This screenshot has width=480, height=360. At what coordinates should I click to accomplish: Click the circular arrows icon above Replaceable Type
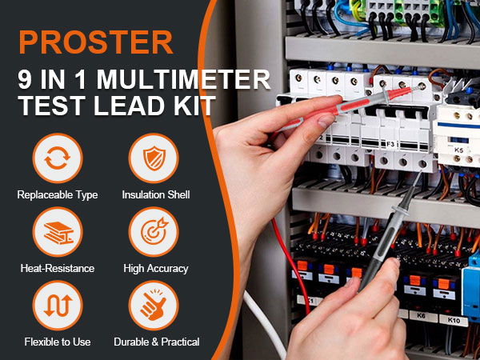coord(58,158)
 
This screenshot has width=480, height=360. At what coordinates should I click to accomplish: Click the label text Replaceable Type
coord(58,194)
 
